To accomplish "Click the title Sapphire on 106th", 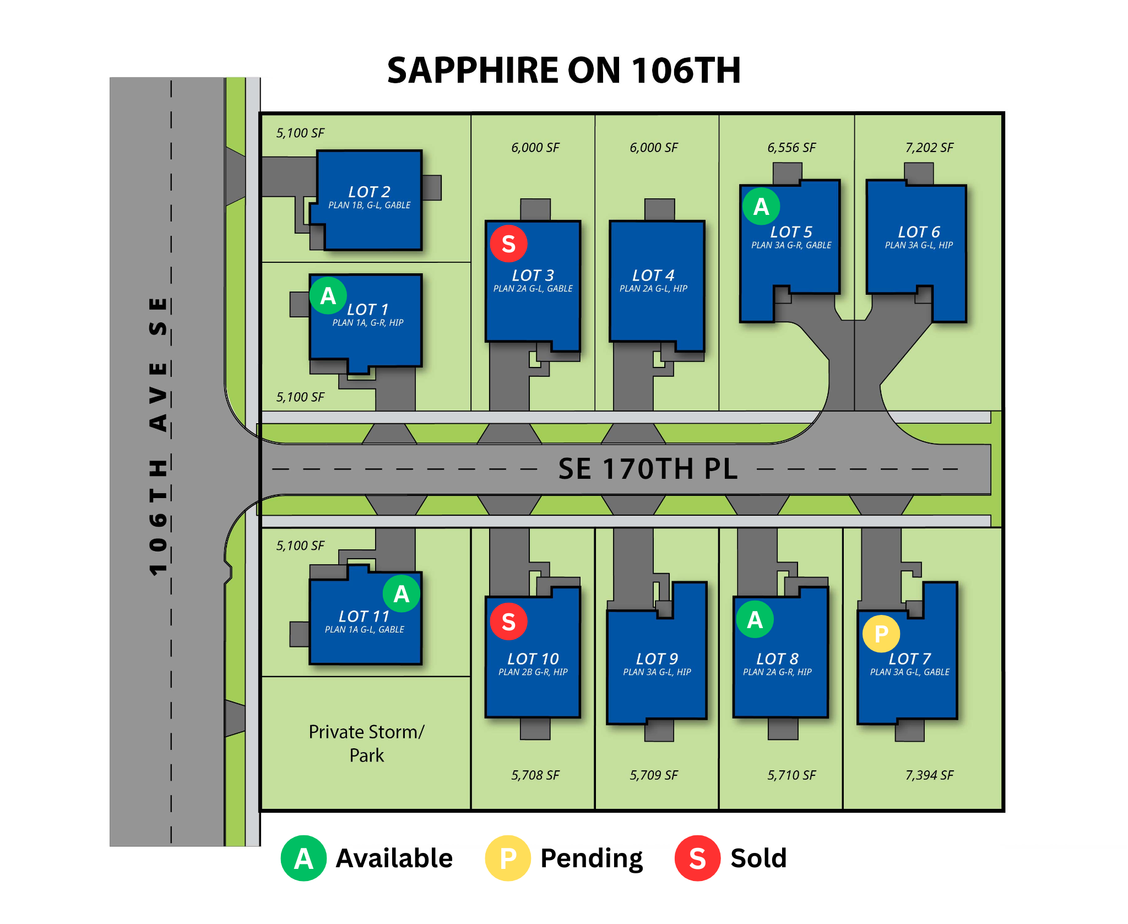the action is coord(564,71).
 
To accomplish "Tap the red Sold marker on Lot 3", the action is coord(509,244).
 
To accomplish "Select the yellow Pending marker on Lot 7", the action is coord(881,634).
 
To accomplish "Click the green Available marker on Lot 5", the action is coord(761,207).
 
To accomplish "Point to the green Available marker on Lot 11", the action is coord(402,593).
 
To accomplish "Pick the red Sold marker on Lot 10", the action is coord(509,622).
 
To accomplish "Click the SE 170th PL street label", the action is coord(648,469).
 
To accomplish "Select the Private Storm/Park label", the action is coord(367,743).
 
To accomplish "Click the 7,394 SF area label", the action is coord(929,775).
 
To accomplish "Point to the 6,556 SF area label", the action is coord(791,148).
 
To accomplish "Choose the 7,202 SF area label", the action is coord(929,148).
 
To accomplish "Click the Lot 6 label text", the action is coord(919,232).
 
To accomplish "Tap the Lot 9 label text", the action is coord(657,659).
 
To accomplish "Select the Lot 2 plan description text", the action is coord(370,206).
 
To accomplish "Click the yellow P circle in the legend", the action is coord(508,858).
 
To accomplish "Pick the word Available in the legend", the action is coord(394,858).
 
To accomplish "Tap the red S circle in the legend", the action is coord(698,858).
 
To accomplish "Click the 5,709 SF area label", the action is coord(654,775).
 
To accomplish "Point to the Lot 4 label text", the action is coord(653,275).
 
